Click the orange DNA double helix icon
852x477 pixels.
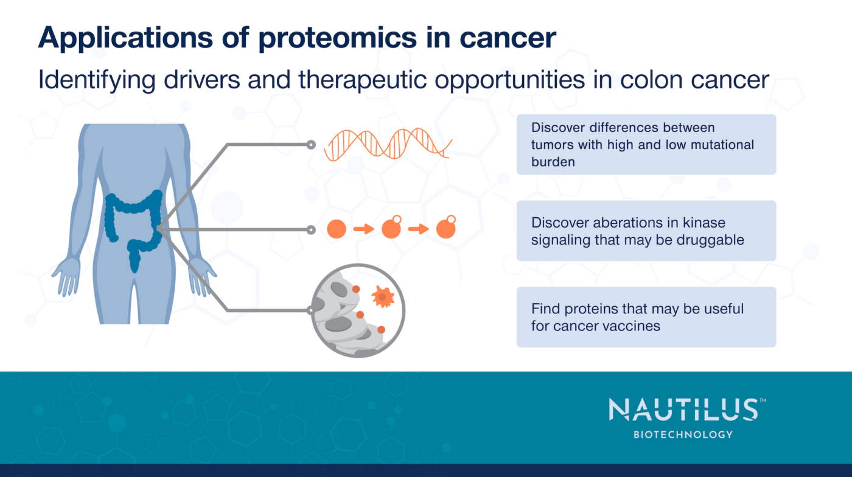click(388, 144)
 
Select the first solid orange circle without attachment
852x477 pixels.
click(337, 229)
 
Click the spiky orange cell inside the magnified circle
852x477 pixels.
click(383, 297)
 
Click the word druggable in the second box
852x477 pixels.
click(709, 240)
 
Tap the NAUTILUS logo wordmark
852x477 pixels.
click(683, 411)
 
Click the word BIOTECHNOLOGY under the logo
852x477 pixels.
click(683, 434)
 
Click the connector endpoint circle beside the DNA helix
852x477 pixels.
click(311, 145)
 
